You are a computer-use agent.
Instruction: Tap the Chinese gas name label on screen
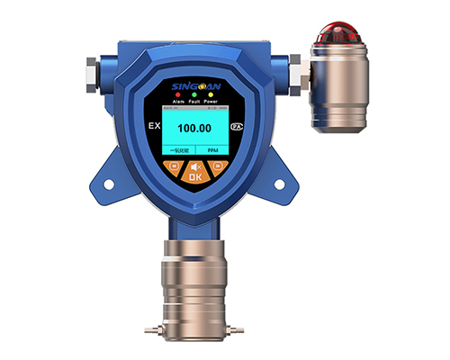[x=180, y=150]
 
